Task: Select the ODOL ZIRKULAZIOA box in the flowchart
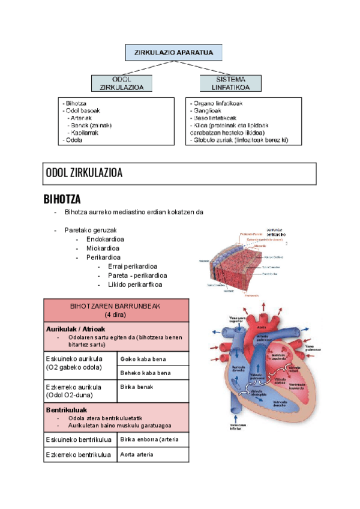pyautogui.click(x=121, y=83)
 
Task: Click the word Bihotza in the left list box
pyautogui.click(x=76, y=103)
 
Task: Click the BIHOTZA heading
pyautogui.click(x=62, y=199)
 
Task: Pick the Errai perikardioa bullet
pyautogui.click(x=133, y=267)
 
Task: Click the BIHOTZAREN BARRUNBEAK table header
pyautogui.click(x=115, y=310)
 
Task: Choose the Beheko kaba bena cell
pyautogui.click(x=145, y=373)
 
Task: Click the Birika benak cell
pyautogui.click(x=137, y=387)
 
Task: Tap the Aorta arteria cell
pyautogui.click(x=137, y=454)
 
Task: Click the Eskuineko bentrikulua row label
pyautogui.click(x=79, y=440)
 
